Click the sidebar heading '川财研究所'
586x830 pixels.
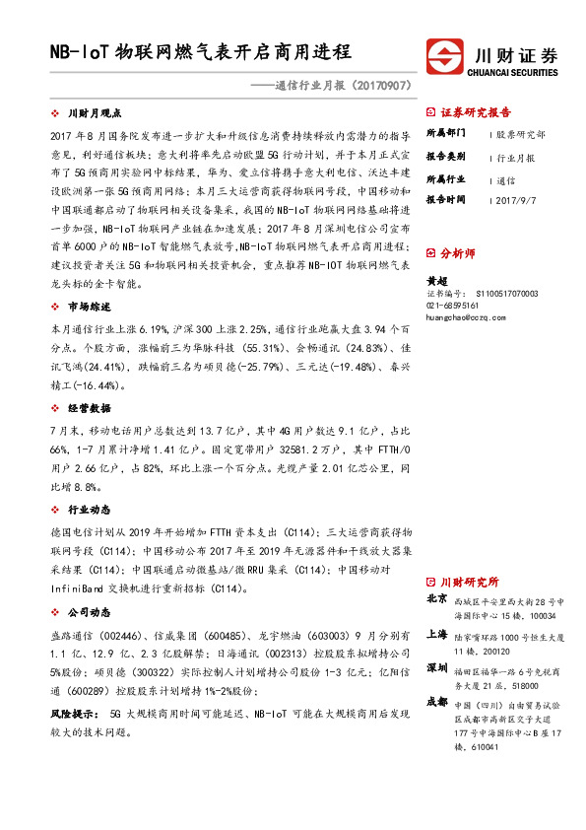tap(469, 582)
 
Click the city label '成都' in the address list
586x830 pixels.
tap(437, 701)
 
